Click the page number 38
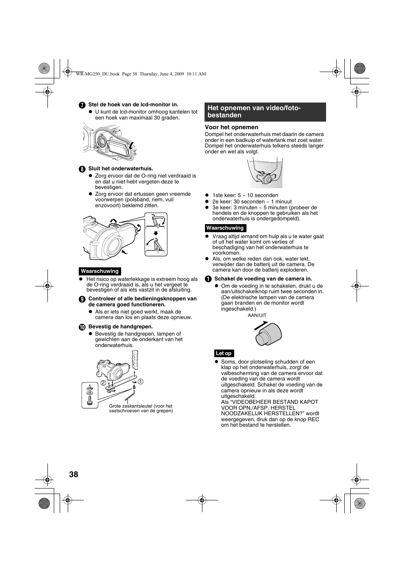pyautogui.click(x=73, y=474)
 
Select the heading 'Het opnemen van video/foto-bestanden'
pyautogui.click(x=254, y=111)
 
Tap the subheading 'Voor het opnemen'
pyautogui.click(x=232, y=127)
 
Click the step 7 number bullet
pyautogui.click(x=82, y=105)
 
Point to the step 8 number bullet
pyautogui.click(x=82, y=169)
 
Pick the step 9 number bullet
pyautogui.click(x=82, y=299)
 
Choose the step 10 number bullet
pyautogui.click(x=82, y=327)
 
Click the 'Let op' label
pyautogui.click(x=224, y=353)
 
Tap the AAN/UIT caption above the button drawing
pyautogui.click(x=257, y=315)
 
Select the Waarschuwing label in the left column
pyautogui.click(x=100, y=271)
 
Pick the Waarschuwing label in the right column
pyautogui.click(x=225, y=228)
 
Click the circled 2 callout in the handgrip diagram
pyautogui.click(x=103, y=383)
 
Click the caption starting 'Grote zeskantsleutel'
pyautogui.click(x=141, y=408)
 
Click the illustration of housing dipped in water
pyautogui.click(x=266, y=173)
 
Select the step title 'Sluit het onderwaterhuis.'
pyautogui.click(x=121, y=169)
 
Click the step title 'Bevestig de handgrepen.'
pyautogui.click(x=121, y=327)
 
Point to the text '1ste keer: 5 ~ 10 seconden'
pyautogui.click(x=245, y=195)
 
